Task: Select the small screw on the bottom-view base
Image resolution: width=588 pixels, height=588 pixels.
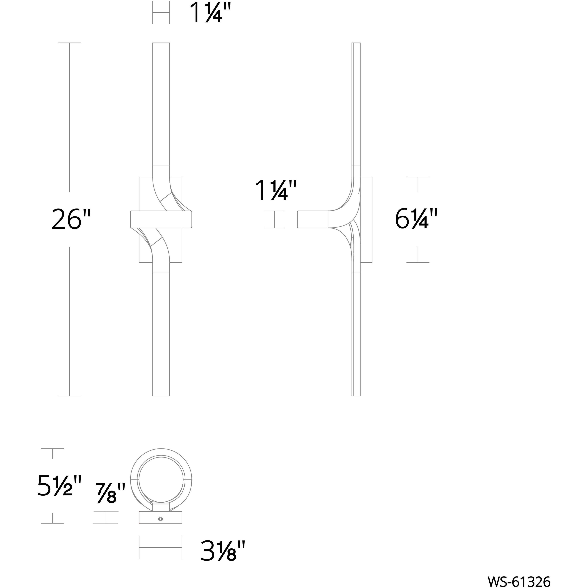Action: [x=161, y=519]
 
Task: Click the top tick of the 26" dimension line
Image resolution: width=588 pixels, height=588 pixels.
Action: [x=69, y=43]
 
